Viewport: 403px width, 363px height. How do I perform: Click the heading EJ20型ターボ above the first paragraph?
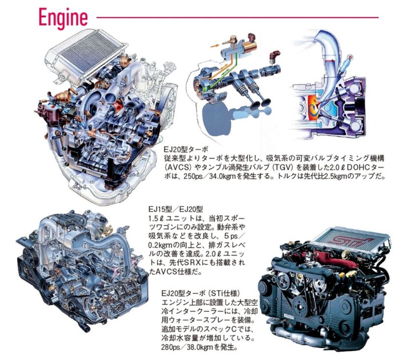pos(185,149)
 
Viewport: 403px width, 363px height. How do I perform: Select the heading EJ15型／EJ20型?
pos(175,209)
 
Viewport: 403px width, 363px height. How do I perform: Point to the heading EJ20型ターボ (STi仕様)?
pos(201,293)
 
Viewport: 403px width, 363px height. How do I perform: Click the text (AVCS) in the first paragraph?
pos(177,168)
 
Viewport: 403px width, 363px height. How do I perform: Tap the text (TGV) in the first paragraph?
pos(281,168)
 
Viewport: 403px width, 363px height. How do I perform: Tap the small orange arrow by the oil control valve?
pos(214,46)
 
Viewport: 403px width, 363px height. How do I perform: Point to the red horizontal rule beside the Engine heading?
pos(237,18)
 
